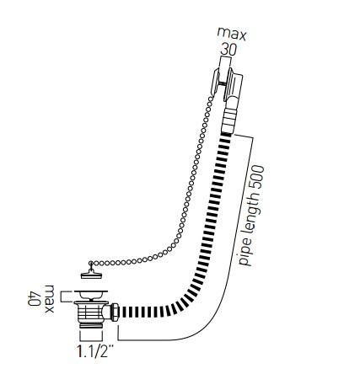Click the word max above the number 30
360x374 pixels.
232,35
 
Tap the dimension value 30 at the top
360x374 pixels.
228,50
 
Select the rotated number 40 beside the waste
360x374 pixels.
34,299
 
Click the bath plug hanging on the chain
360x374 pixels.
91,274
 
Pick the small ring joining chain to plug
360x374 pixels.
91,263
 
